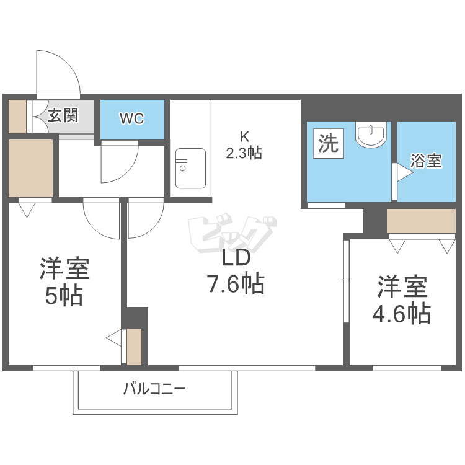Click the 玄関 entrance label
63,116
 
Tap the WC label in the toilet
132,118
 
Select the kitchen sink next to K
190,169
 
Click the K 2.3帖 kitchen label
244,146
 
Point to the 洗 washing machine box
329,143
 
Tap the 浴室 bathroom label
426,161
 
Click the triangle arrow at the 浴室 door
404,172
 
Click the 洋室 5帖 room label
64,281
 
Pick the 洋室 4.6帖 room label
402,299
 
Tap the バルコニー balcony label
154,389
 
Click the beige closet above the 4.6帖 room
421,221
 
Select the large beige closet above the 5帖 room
30,168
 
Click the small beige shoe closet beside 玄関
17,117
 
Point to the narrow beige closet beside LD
134,347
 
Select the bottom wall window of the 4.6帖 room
407,368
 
